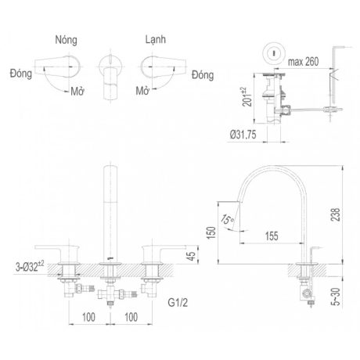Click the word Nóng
click(x=66, y=40)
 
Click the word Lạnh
click(x=156, y=39)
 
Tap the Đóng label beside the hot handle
click(x=21, y=74)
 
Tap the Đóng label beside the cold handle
click(x=203, y=75)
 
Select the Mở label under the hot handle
click(x=77, y=91)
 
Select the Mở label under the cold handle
click(x=142, y=91)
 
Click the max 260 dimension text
click(x=303, y=62)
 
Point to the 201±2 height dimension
click(x=247, y=97)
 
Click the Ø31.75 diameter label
click(x=243, y=135)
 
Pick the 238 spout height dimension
click(x=336, y=214)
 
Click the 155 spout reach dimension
click(x=272, y=236)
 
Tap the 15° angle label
click(x=227, y=219)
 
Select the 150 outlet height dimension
click(x=211, y=232)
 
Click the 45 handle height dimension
click(x=192, y=256)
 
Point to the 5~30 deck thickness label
click(x=337, y=297)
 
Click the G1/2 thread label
click(x=178, y=303)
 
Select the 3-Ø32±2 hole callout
click(x=30, y=267)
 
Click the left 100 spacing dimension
click(x=88, y=317)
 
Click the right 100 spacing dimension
click(x=131, y=317)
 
